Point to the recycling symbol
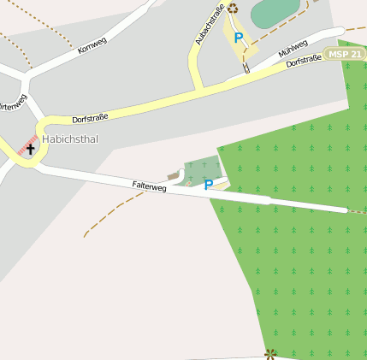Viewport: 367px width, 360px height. tap(233, 9)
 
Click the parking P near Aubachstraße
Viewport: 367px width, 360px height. tap(239, 38)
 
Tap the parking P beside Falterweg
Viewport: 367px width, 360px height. tap(208, 184)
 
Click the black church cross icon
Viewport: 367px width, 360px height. tap(30, 149)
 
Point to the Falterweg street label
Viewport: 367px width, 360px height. tap(149, 186)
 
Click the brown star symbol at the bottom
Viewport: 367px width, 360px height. tap(271, 353)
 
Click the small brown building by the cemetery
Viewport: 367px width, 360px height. tap(174, 176)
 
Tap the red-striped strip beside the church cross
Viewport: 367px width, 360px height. tap(27, 143)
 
